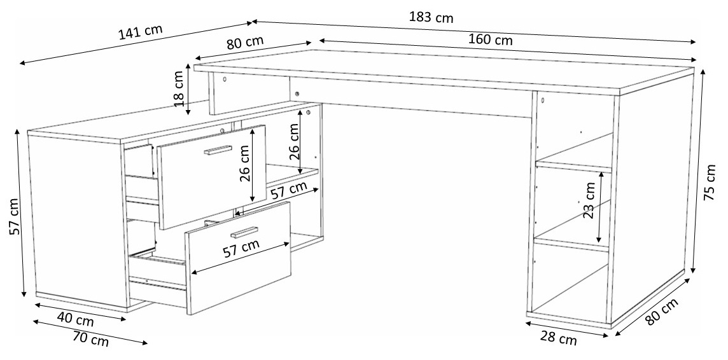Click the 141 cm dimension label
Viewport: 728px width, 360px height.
pyautogui.click(x=140, y=32)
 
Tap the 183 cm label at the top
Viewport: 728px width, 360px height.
pyautogui.click(x=431, y=17)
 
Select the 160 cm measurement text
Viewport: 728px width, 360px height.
pyautogui.click(x=490, y=39)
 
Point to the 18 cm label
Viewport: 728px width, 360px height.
pyautogui.click(x=179, y=88)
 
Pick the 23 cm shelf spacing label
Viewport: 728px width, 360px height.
pyautogui.click(x=589, y=200)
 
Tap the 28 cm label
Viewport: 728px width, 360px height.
pyautogui.click(x=559, y=338)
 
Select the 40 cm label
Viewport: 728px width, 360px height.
pyautogui.click(x=75, y=319)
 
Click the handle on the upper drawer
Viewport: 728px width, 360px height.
pyautogui.click(x=218, y=150)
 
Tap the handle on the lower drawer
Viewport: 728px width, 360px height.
pyautogui.click(x=244, y=232)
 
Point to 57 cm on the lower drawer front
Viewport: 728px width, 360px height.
pyautogui.click(x=241, y=249)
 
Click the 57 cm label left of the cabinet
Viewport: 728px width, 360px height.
pyautogui.click(x=15, y=217)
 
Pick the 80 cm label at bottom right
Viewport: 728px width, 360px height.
pyautogui.click(x=662, y=311)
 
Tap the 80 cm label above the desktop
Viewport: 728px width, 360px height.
pyautogui.click(x=244, y=42)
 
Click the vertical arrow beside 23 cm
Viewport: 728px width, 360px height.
pyautogui.click(x=601, y=207)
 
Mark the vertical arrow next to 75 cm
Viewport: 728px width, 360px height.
pyautogui.click(x=699, y=171)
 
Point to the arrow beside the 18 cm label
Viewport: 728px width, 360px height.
pyautogui.click(x=188, y=89)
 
